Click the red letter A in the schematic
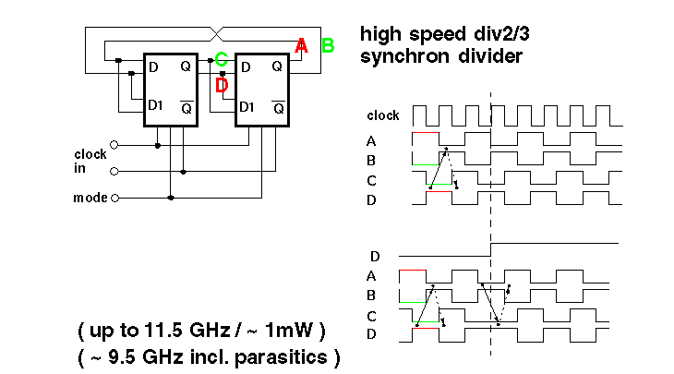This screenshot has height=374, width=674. pos(301,46)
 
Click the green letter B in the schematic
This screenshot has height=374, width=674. pos(327,45)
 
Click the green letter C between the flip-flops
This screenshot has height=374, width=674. pos(222,62)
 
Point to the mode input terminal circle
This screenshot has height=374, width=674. pos(114,198)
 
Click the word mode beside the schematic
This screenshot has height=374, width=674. pos(90,198)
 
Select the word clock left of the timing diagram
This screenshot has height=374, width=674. pos(383,116)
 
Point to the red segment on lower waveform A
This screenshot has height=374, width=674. pos(413,271)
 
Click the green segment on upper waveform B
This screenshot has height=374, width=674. pos(425,164)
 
